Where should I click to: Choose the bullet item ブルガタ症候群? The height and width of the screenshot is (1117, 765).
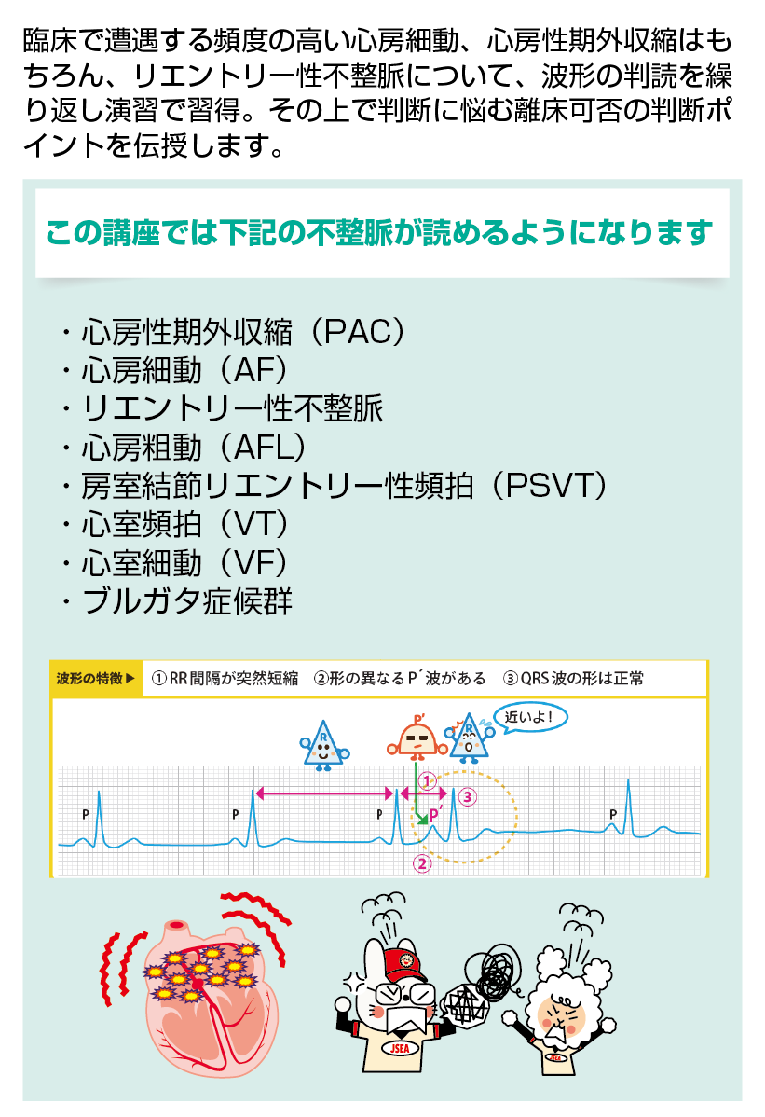click(186, 601)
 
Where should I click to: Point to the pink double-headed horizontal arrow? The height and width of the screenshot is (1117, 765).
click(324, 793)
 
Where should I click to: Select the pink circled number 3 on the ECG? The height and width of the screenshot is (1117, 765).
click(468, 796)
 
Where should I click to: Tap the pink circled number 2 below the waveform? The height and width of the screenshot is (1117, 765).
click(421, 862)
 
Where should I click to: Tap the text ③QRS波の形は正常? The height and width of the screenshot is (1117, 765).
click(573, 679)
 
